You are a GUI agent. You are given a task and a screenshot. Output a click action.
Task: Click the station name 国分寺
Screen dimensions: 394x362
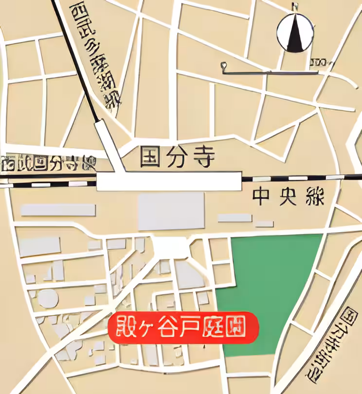tap(177, 158)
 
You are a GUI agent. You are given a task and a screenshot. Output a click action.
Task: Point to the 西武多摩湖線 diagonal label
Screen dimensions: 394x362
tap(95, 54)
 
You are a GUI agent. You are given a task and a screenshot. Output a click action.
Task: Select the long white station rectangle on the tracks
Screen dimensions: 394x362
tap(169, 181)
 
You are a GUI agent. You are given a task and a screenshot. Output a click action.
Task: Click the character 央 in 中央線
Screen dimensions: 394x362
tap(288, 197)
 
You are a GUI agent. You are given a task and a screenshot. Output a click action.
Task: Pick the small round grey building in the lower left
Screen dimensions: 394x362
tap(48, 298)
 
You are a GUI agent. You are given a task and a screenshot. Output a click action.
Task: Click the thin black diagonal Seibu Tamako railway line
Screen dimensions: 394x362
tap(78, 63)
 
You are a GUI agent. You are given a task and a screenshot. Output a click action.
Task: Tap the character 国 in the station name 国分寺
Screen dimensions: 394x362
tap(150, 158)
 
